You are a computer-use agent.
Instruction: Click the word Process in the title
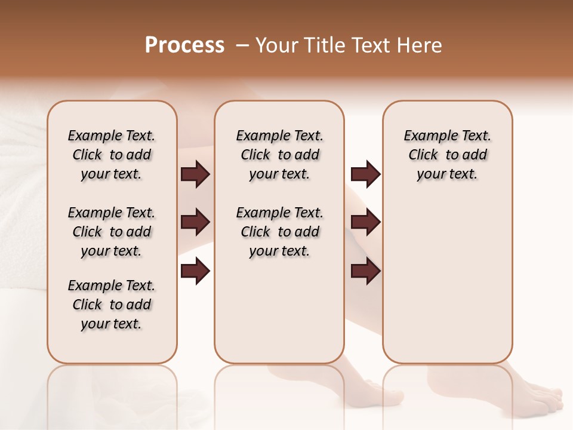[184, 45]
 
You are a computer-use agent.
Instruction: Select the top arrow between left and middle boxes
[195, 174]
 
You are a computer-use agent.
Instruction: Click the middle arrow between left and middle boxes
[195, 222]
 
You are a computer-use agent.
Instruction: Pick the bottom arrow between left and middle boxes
[195, 271]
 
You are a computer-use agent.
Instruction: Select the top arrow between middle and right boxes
[365, 174]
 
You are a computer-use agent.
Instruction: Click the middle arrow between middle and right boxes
[365, 222]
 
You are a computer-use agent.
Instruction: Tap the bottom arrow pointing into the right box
[365, 271]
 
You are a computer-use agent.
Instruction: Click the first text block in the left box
[112, 155]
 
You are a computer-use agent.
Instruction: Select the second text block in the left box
[112, 232]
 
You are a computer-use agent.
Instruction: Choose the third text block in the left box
[112, 305]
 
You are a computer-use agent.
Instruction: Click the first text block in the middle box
[280, 155]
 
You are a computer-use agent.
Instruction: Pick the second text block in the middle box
[280, 232]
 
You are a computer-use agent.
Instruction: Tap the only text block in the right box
[448, 155]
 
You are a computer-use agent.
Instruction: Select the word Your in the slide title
[276, 45]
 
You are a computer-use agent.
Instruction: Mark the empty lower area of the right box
[448, 281]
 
